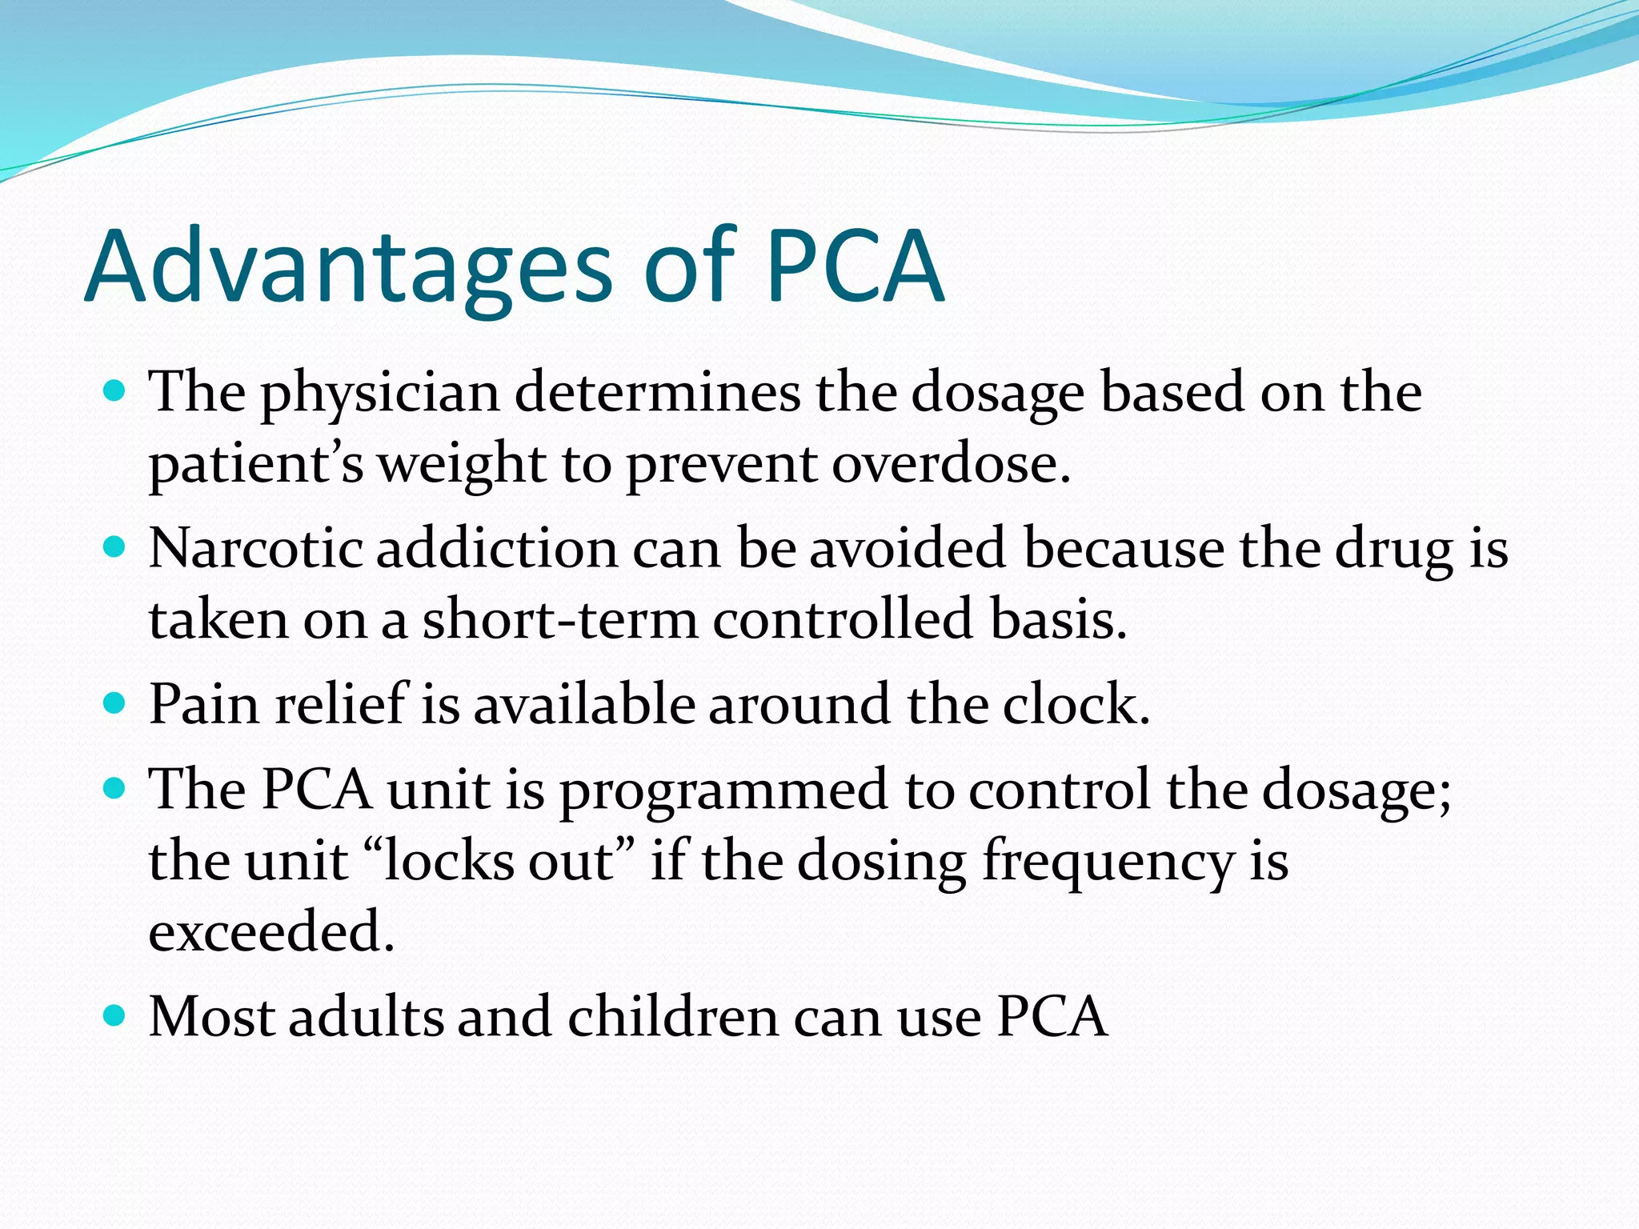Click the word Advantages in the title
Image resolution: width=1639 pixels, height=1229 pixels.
[x=348, y=268]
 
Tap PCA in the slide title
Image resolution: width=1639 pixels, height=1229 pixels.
[x=855, y=266]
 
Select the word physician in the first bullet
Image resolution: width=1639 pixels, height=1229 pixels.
[x=380, y=394]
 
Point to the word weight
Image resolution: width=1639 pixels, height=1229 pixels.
[x=461, y=465]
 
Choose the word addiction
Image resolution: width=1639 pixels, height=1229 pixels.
[x=497, y=550]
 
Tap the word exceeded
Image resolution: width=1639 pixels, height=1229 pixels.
[x=271, y=932]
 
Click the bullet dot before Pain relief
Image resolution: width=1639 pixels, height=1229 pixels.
[x=115, y=703]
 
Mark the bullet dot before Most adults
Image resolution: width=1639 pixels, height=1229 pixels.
[x=115, y=1016]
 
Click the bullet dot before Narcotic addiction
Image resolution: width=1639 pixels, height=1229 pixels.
[x=115, y=547]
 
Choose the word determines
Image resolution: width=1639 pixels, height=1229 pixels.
[x=657, y=393]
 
